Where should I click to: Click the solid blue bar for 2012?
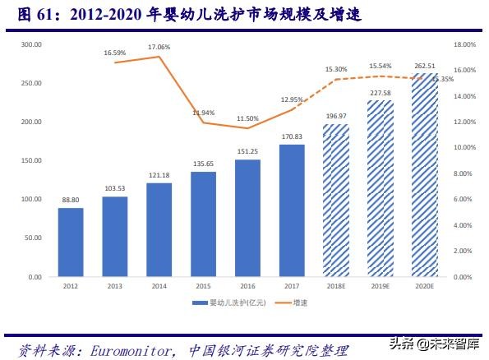click(71, 242)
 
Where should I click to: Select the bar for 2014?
click(159, 230)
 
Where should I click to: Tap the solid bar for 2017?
click(292, 210)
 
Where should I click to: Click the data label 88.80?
click(71, 200)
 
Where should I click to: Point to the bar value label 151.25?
click(247, 151)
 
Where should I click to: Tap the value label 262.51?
click(424, 67)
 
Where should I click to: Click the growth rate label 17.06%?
click(159, 48)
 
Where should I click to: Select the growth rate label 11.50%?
click(247, 118)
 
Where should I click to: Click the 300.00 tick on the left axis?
click(32, 44)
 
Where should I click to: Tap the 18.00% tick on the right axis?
click(464, 44)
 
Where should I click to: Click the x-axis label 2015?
click(203, 287)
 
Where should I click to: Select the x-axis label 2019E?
click(381, 287)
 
